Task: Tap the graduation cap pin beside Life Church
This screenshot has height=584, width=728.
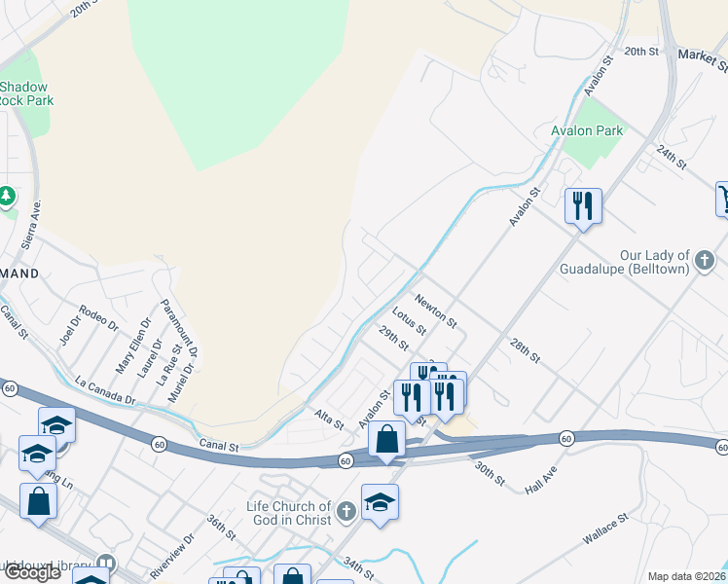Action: (380, 503)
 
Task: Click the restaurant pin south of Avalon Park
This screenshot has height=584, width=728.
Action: (583, 206)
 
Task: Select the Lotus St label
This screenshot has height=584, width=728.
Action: (409, 321)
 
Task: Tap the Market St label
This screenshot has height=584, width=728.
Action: (703, 61)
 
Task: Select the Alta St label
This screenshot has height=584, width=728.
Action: (328, 420)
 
